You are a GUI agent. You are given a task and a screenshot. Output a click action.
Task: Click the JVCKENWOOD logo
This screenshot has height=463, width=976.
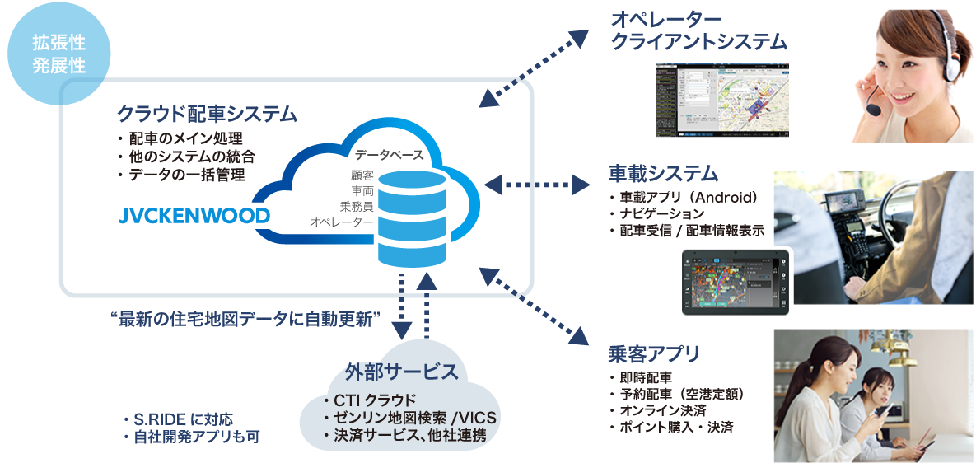click(194, 216)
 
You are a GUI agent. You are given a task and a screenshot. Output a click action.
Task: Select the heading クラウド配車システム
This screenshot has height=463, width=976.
click(207, 114)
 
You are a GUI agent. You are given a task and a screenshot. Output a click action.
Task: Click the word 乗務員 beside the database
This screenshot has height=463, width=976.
click(356, 206)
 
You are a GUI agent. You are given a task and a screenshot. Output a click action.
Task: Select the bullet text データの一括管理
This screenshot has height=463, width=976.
click(185, 175)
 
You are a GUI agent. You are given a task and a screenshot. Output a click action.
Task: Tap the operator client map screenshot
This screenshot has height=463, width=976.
click(721, 100)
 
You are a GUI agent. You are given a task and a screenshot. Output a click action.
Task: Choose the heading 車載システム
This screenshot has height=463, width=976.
click(663, 173)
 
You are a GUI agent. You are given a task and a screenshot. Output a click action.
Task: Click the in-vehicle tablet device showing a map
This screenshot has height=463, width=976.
click(735, 281)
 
